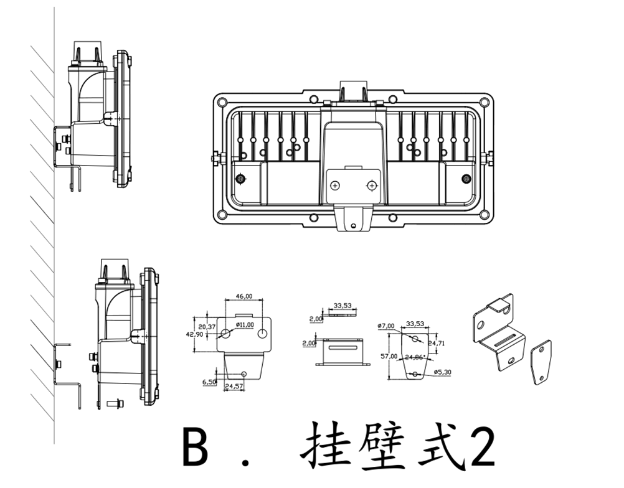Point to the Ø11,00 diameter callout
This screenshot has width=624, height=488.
tap(245, 324)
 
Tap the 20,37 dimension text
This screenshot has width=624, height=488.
tap(207, 326)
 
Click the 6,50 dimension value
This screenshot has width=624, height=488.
tap(209, 382)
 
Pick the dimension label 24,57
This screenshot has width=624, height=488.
tap(233, 387)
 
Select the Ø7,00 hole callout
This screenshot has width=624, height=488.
tap(387, 326)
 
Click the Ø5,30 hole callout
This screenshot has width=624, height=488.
tap(442, 372)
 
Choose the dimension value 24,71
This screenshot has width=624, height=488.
tap(436, 342)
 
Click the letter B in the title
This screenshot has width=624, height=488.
tap(195, 448)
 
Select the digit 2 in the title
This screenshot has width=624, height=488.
tap(482, 448)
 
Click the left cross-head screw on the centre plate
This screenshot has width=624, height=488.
tap(336, 185)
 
